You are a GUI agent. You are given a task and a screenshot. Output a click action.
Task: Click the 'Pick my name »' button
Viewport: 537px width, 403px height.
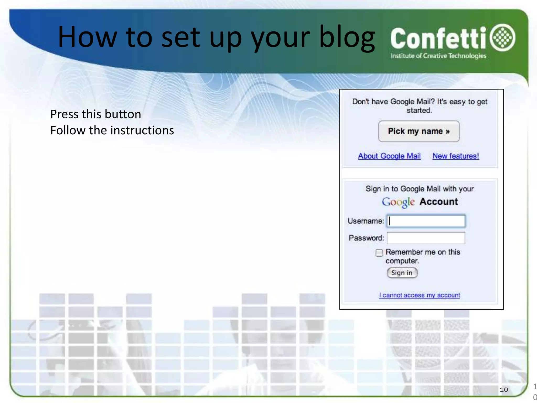pyautogui.click(x=419, y=131)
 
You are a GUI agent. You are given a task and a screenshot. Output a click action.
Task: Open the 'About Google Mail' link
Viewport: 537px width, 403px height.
pyautogui.click(x=389, y=156)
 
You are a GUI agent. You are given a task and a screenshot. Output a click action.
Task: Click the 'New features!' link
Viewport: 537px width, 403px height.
pyautogui.click(x=456, y=156)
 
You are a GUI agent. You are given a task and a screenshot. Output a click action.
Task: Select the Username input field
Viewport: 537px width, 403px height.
pyautogui.click(x=426, y=221)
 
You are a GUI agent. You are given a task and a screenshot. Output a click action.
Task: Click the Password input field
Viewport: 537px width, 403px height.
pyautogui.click(x=426, y=238)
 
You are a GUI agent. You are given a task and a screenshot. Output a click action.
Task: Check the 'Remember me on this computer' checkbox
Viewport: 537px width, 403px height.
pyautogui.click(x=379, y=253)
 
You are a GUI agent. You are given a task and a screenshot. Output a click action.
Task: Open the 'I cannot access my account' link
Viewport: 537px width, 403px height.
pyautogui.click(x=420, y=295)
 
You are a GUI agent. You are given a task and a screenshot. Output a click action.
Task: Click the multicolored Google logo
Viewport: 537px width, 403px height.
pyautogui.click(x=398, y=202)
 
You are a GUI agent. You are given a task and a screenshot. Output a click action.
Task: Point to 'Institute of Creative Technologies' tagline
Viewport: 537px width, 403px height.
pyautogui.click(x=438, y=56)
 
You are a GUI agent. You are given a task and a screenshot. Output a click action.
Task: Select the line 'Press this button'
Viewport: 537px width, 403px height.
pyautogui.click(x=96, y=114)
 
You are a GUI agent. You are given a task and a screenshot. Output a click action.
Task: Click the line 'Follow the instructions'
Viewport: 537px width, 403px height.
pyautogui.click(x=112, y=130)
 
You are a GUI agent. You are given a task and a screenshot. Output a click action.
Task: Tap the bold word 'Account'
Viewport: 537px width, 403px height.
pyautogui.click(x=439, y=201)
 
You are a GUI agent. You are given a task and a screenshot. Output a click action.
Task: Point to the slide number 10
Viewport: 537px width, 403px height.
pyautogui.click(x=504, y=390)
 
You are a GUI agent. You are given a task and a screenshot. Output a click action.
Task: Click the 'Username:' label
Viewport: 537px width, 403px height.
pyautogui.click(x=366, y=221)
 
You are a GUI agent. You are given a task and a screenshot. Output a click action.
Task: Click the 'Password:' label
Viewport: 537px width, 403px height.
pyautogui.click(x=366, y=238)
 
